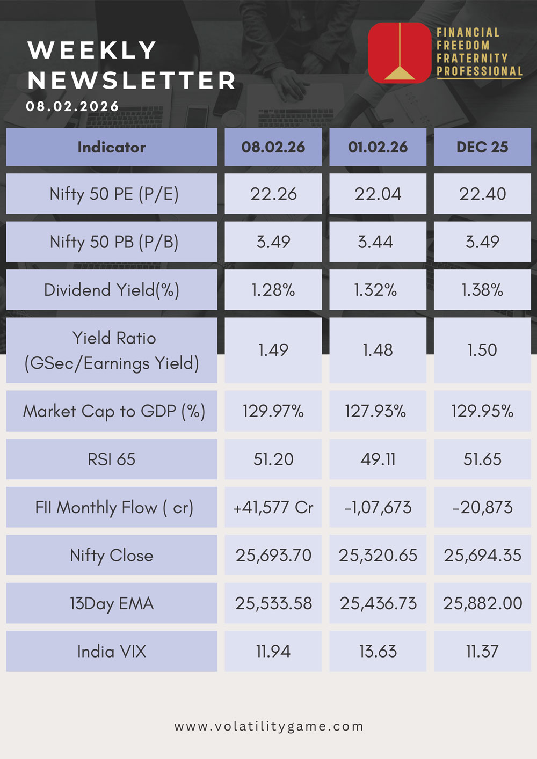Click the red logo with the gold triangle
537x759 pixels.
pyautogui.click(x=400, y=53)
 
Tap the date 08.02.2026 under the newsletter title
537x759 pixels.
pyautogui.click(x=72, y=106)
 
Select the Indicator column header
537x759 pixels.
pyautogui.click(x=112, y=147)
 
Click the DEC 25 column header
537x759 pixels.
pyautogui.click(x=482, y=147)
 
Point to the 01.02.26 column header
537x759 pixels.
pyautogui.click(x=378, y=147)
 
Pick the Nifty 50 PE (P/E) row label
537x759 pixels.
pyautogui.click(x=114, y=194)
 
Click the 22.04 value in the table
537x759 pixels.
pyautogui.click(x=378, y=194)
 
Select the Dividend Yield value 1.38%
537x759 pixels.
pyautogui.click(x=482, y=290)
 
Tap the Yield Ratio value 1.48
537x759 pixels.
pyautogui.click(x=378, y=350)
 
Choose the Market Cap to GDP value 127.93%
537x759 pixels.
pyautogui.click(x=375, y=411)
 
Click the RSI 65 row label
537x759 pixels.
pyautogui.click(x=112, y=459)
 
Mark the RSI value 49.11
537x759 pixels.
pyautogui.click(x=378, y=459)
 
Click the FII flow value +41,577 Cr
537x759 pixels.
pyautogui.click(x=273, y=507)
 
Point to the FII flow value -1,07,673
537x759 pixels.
pyautogui.click(x=378, y=508)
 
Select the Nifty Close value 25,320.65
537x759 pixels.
pyautogui.click(x=378, y=556)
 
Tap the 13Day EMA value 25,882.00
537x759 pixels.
pyautogui.click(x=482, y=603)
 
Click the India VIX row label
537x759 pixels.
pyautogui.click(x=112, y=652)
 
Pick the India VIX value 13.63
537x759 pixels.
pyautogui.click(x=378, y=652)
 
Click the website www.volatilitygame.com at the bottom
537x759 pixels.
pyautogui.click(x=268, y=726)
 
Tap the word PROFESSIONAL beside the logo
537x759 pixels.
pyautogui.click(x=480, y=71)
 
